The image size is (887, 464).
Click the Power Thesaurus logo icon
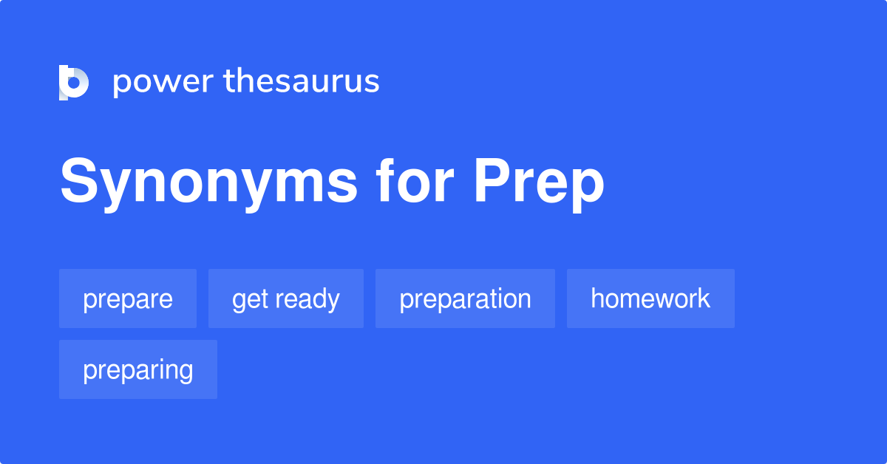[74, 82]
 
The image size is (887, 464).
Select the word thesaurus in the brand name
[302, 82]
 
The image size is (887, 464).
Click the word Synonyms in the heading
[209, 182]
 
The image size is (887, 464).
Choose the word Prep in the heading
[539, 182]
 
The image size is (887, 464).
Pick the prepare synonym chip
[128, 298]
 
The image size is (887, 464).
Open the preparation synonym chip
[465, 298]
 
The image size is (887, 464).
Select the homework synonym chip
[650, 298]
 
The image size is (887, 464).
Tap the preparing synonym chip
[138, 369]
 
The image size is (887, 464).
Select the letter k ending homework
[704, 298]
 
